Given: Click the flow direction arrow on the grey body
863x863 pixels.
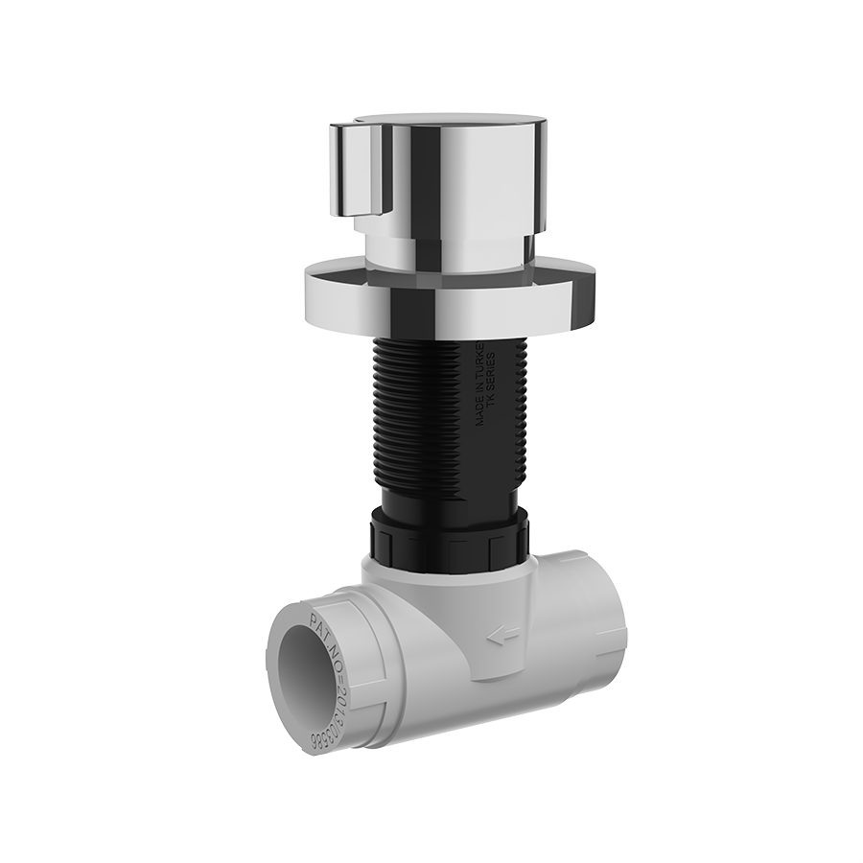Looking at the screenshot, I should [502, 634].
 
